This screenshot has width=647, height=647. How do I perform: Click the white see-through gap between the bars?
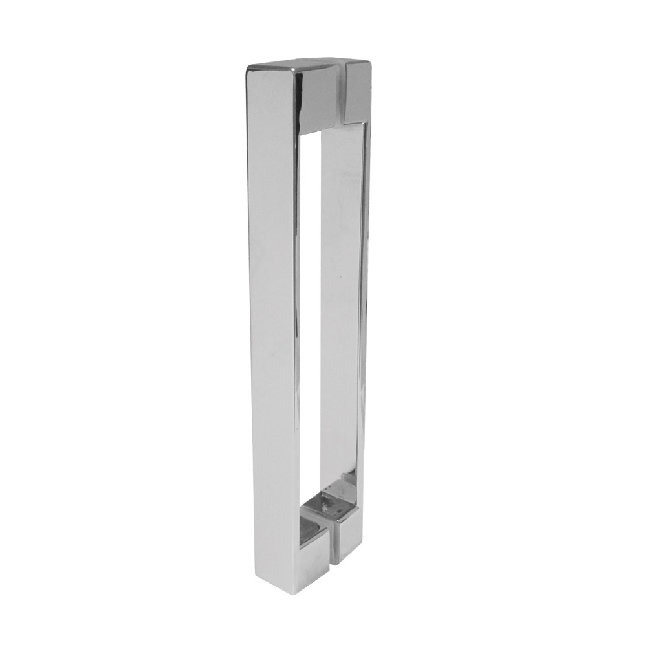click(x=311, y=323)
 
